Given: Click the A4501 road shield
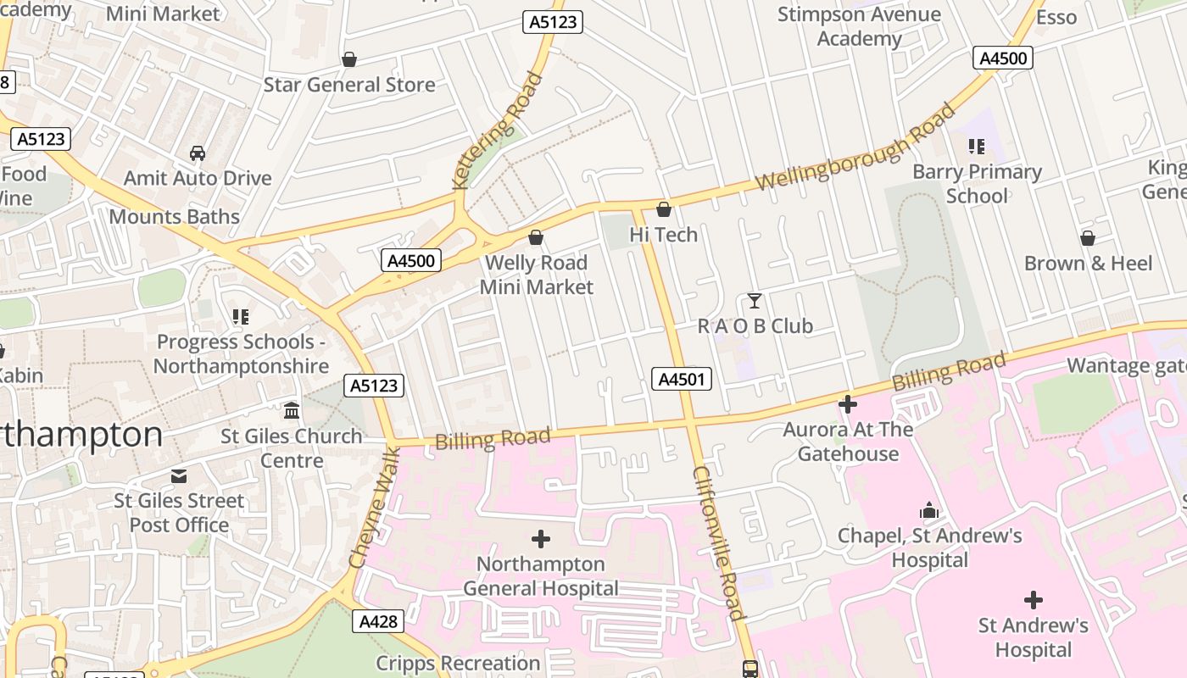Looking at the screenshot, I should [682, 379].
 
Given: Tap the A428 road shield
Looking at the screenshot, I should [378, 621].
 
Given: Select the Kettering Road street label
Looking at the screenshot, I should [498, 131].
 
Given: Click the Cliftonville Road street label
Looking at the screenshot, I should [718, 542].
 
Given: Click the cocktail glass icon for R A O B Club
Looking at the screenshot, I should [754, 301].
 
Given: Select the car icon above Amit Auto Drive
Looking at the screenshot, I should [198, 153].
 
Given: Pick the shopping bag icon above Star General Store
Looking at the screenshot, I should [348, 59].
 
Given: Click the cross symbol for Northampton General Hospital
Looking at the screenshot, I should [540, 538].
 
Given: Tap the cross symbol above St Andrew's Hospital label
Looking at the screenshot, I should [1033, 600].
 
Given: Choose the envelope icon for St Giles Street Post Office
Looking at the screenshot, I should [179, 475].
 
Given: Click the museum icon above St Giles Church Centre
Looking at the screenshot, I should [292, 411].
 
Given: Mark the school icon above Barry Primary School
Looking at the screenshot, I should [977, 147].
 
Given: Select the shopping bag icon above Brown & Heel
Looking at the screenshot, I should [1087, 238].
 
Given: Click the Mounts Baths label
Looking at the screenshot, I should [175, 217].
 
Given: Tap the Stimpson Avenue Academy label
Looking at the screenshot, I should [859, 26].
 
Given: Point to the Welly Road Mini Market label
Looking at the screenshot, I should [536, 275].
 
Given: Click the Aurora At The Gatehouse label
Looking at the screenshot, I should [848, 441].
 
